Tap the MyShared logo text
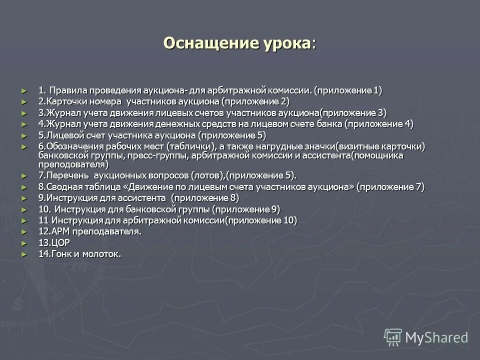pyautogui.click(x=436, y=337)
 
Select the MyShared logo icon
pyautogui.click(x=393, y=337)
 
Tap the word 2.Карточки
pyautogui.click(x=61, y=101)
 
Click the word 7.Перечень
pyautogui.click(x=63, y=175)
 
